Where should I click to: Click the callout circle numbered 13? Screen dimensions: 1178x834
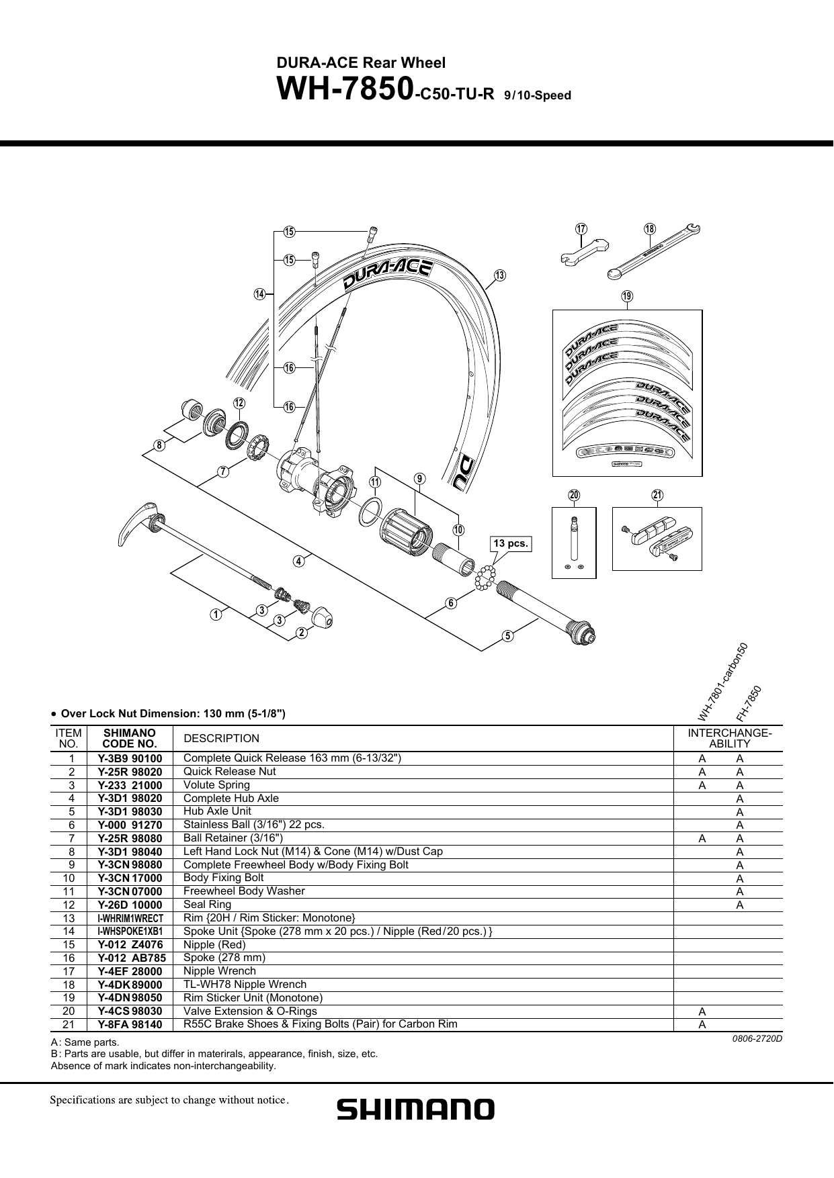coord(499,275)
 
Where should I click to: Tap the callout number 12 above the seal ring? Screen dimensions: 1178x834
coord(239,403)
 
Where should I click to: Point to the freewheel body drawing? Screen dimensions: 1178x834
coord(408,531)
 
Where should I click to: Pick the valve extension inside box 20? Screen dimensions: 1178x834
coord(573,537)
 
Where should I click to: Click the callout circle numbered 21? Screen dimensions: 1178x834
coord(657,496)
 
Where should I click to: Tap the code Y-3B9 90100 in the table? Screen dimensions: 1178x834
coord(130,759)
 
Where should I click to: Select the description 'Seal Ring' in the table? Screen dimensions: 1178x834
coord(207,904)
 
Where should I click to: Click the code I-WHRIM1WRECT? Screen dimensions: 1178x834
coord(130,918)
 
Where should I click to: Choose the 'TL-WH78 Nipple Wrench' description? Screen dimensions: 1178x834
coord(245,984)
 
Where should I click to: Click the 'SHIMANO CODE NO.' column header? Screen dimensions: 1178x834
coord(130,738)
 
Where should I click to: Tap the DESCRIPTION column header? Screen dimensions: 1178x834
coord(221,739)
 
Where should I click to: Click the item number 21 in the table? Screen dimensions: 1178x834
coord(69,1024)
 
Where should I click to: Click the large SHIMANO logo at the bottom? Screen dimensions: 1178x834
coord(415,1109)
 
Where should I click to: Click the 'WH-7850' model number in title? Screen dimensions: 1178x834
coord(345,90)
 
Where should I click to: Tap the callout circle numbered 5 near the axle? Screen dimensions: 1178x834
coord(507,635)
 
